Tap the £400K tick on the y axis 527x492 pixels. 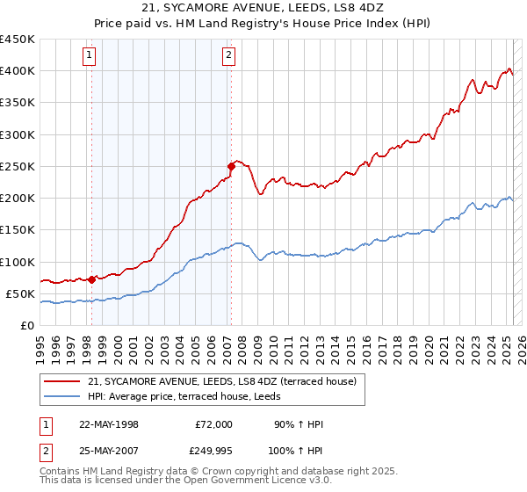pos(18,71)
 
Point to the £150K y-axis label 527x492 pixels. pos(18,230)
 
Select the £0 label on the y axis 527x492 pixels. pos(26,325)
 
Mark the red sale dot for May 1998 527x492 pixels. pos(92,279)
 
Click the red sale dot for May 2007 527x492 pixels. pos(231,165)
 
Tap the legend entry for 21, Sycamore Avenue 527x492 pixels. pos(222,381)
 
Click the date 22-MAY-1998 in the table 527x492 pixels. pos(109,425)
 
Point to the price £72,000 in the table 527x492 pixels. pos(213,425)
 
